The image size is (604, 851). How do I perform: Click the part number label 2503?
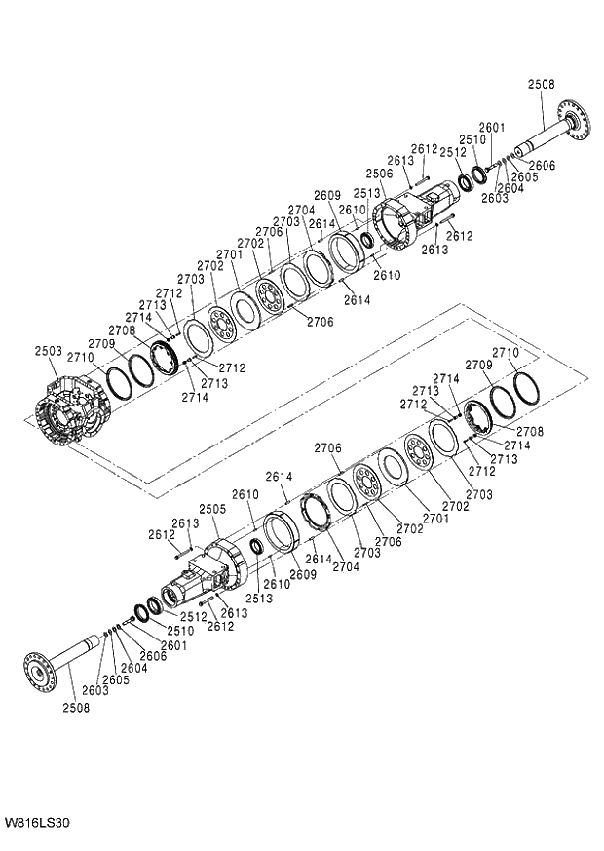pyautogui.click(x=49, y=351)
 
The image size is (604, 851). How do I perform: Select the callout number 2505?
pyautogui.click(x=212, y=509)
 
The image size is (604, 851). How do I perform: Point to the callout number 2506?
pyautogui.click(x=380, y=174)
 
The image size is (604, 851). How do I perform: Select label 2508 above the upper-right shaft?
pyautogui.click(x=542, y=85)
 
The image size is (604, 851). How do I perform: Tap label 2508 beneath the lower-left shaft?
pyautogui.click(x=76, y=709)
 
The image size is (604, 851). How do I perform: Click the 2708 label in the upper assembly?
pyautogui.click(x=122, y=330)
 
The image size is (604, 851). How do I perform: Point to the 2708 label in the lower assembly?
pyautogui.click(x=529, y=431)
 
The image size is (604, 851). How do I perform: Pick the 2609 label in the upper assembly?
pyautogui.click(x=327, y=195)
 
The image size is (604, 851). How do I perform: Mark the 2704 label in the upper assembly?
pyautogui.click(x=301, y=210)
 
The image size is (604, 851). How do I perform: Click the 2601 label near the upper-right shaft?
pyautogui.click(x=493, y=128)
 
